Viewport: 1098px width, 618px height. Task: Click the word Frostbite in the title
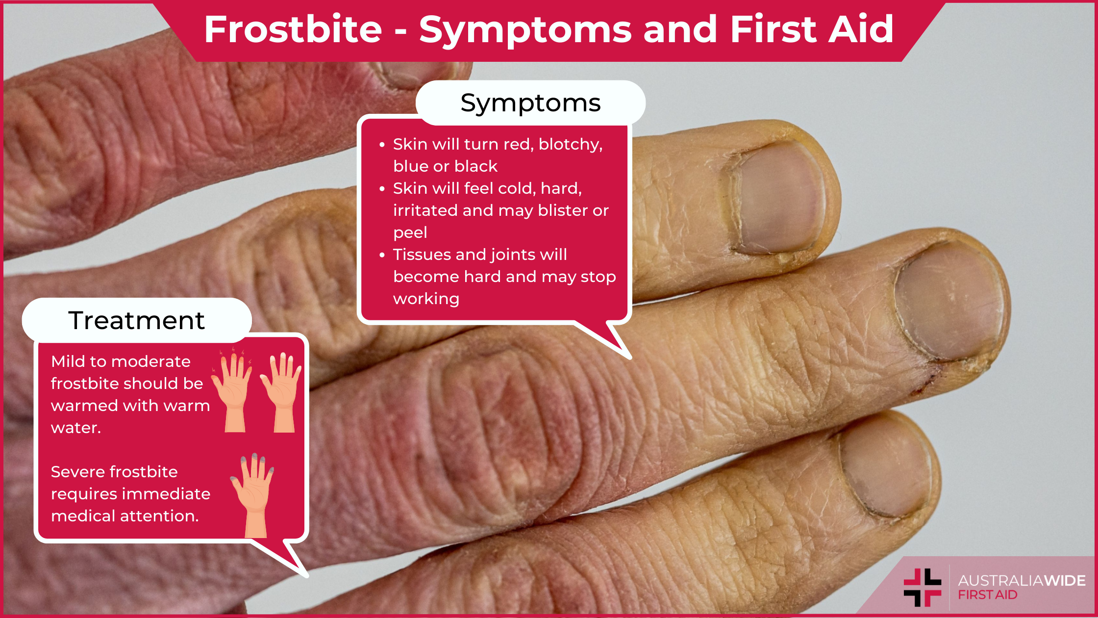click(293, 29)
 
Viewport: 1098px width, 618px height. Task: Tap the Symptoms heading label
click(530, 103)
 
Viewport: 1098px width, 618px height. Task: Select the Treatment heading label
click(136, 321)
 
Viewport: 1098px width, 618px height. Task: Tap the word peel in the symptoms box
click(410, 233)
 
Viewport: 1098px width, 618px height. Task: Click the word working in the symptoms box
click(426, 299)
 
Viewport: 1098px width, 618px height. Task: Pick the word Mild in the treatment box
click(66, 361)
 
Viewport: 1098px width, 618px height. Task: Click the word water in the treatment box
click(75, 428)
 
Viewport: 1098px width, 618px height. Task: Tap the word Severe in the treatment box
click(75, 472)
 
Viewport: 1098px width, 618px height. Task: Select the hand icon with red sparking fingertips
click(231, 389)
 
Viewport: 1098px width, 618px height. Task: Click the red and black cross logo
click(923, 588)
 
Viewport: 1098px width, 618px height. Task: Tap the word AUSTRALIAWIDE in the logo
click(1022, 581)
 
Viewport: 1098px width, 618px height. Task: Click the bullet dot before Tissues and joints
click(382, 255)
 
